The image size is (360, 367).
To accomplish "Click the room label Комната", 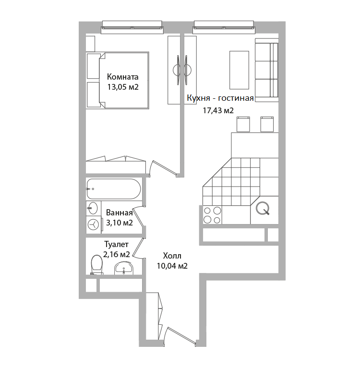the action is (x=122, y=77).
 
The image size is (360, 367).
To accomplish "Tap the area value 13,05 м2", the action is (x=123, y=87).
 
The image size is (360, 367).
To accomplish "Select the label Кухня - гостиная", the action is (x=220, y=98).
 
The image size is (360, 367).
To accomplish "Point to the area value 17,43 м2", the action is (x=218, y=110).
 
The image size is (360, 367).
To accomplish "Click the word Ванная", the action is (x=119, y=213).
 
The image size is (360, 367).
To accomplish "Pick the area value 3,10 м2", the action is (x=120, y=223).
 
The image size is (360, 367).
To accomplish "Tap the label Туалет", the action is (x=117, y=244).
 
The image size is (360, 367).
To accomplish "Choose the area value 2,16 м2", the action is (x=117, y=254).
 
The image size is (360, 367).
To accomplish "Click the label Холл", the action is (x=172, y=256).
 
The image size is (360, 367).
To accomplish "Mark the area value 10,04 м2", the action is (x=172, y=266).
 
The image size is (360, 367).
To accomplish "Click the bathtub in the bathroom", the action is (x=114, y=189).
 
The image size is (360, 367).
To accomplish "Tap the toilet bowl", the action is (x=97, y=265).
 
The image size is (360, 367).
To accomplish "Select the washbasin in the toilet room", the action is (x=124, y=268).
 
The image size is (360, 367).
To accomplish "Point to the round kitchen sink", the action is (x=263, y=208).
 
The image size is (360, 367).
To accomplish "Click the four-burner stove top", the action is (x=212, y=215).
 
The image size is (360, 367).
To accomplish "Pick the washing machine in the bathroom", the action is (x=94, y=225).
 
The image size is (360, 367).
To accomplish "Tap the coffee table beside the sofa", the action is (x=239, y=70).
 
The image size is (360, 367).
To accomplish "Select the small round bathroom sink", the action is (x=93, y=208).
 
